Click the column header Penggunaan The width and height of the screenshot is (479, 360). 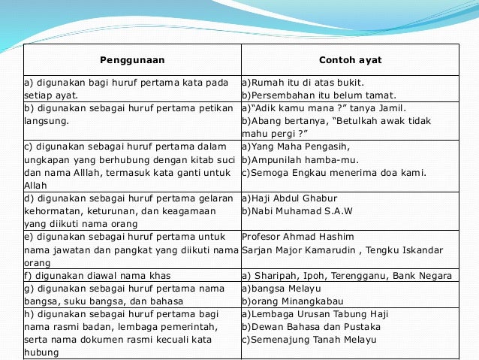(x=132, y=59)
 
